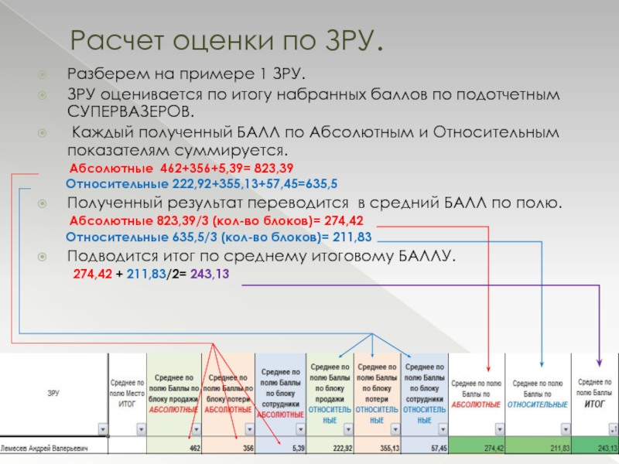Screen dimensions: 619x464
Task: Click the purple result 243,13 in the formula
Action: coord(210,275)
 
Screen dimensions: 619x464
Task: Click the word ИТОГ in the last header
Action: coord(595,404)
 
